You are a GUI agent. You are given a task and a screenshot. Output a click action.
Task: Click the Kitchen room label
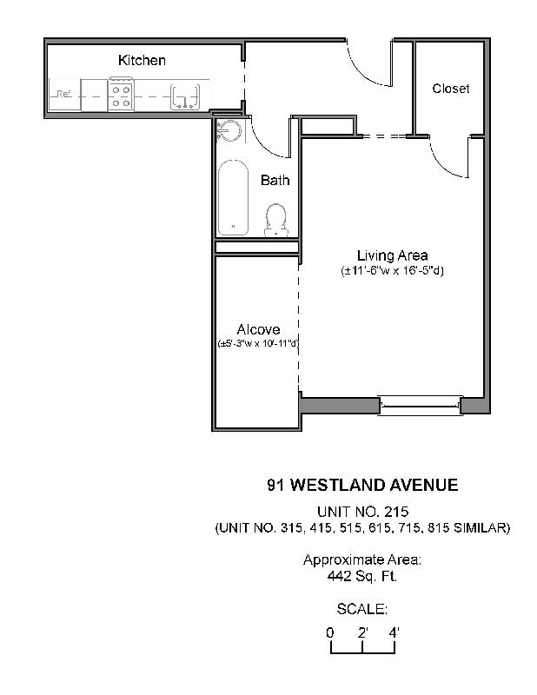[142, 61]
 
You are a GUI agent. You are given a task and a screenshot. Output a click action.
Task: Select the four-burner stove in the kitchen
[122, 94]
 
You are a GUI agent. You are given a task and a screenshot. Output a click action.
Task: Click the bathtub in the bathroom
[233, 197]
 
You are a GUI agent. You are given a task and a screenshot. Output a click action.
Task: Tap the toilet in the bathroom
[276, 219]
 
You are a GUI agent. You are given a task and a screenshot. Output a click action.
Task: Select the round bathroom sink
[229, 131]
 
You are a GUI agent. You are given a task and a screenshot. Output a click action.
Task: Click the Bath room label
[275, 181]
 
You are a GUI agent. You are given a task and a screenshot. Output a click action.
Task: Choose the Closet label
[450, 89]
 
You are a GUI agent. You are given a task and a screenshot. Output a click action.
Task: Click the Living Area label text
[392, 255]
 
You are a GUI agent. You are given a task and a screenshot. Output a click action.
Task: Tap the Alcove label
[258, 329]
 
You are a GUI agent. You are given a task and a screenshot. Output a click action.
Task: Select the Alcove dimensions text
[258, 344]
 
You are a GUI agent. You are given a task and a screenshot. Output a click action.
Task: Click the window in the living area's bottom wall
[419, 401]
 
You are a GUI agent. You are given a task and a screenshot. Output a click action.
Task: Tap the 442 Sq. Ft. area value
[362, 576]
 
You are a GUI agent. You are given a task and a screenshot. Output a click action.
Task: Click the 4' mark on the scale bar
[395, 632]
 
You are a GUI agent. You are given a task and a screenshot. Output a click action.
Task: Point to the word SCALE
[361, 609]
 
